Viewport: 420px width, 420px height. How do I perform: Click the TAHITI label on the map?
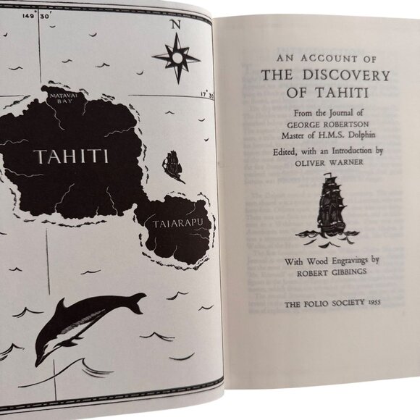tap(71, 156)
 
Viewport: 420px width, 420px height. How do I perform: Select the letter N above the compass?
tap(175, 24)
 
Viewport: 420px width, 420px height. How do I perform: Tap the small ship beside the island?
tap(173, 165)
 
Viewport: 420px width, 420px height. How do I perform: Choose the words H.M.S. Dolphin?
tap(345, 134)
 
